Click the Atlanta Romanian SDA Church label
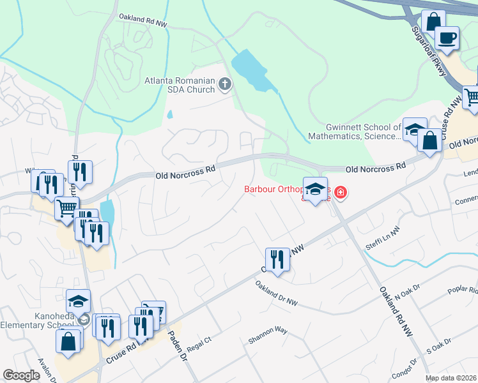[x=180, y=85]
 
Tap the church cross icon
[x=224, y=84]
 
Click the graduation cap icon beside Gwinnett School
[x=414, y=129]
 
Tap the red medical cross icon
[x=340, y=192]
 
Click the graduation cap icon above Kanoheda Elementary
[x=79, y=301]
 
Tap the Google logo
[x=22, y=375]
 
